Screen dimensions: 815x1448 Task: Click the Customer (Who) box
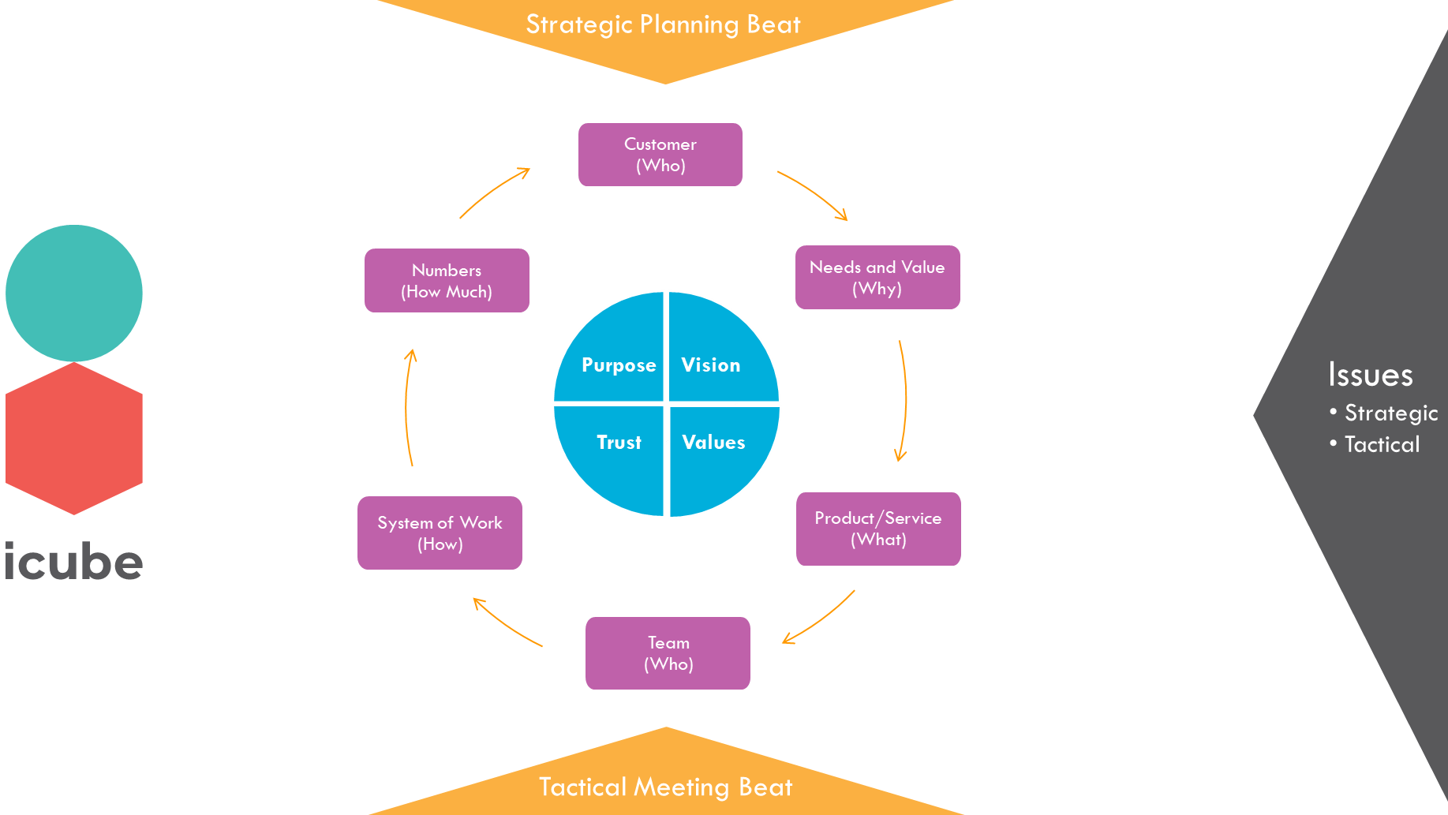coord(660,155)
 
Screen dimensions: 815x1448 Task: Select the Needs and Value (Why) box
coord(877,277)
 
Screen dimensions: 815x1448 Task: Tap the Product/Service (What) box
coord(877,529)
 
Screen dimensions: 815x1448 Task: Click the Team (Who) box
coord(668,653)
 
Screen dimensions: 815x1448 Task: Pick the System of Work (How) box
coord(440,533)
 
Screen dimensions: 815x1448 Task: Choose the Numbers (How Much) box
coord(447,280)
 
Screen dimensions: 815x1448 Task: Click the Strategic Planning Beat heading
coord(663,25)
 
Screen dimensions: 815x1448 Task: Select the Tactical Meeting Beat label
coord(665,787)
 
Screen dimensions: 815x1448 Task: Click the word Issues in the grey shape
coord(1370,376)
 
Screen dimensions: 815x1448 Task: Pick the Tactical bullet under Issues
coord(1381,444)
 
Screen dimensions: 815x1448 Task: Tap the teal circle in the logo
coord(74,293)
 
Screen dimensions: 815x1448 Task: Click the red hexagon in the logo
coord(74,439)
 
